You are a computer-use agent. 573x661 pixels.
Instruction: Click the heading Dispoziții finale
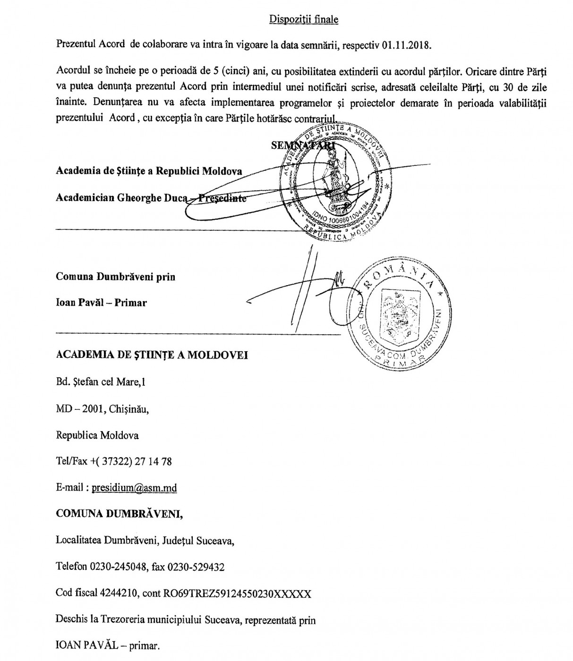(x=304, y=19)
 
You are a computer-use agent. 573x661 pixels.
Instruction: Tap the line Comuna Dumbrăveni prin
(x=115, y=277)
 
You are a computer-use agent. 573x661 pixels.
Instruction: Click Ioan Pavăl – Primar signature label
(x=101, y=303)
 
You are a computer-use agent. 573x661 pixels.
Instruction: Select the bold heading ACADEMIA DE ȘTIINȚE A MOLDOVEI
(x=152, y=355)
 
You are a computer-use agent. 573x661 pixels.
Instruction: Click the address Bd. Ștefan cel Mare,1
(x=101, y=382)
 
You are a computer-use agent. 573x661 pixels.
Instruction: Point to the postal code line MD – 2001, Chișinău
(x=103, y=409)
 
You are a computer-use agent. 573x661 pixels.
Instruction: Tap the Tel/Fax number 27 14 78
(x=153, y=461)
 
